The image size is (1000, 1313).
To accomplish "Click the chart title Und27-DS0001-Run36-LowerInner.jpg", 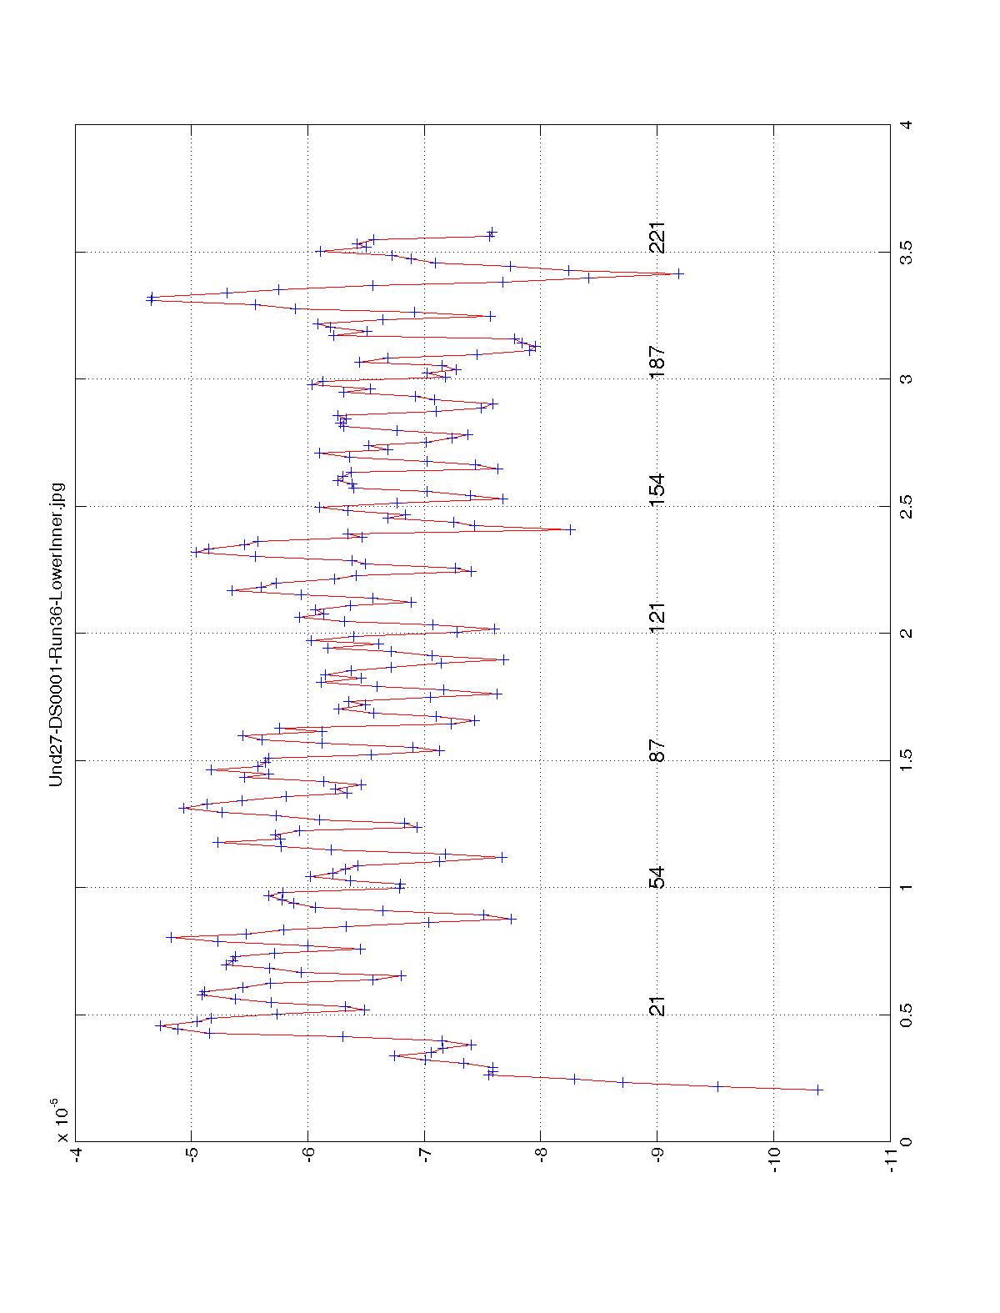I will pos(57,634).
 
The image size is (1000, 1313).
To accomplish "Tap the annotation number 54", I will pos(657,878).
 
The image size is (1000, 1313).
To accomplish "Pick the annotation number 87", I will pos(657,750).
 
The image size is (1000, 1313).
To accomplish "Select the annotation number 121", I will pos(657,617).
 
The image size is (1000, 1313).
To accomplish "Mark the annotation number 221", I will pos(657,238).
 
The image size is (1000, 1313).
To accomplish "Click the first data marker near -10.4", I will pos(817,1090).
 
